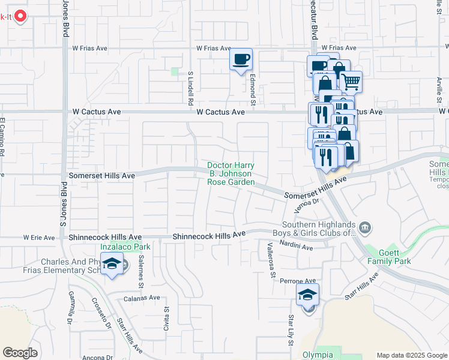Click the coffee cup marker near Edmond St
click(241, 59)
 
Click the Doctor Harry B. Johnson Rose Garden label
click(231, 173)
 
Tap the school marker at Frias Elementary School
click(112, 264)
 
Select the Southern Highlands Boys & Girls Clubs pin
click(366, 227)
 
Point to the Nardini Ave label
click(296, 247)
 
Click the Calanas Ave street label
click(142, 298)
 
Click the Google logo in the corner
click(20, 353)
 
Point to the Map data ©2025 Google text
click(412, 355)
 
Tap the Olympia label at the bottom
click(317, 355)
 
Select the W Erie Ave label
click(39, 238)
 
